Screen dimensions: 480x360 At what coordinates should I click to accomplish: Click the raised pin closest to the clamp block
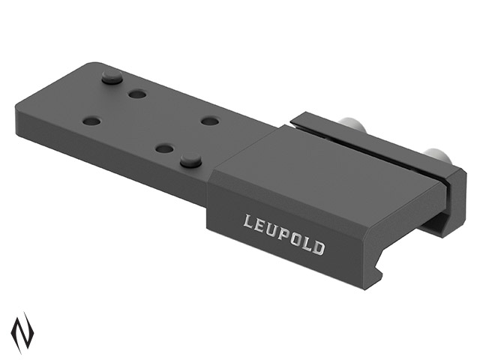point(190,160)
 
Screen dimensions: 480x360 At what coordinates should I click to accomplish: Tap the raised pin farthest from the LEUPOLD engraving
point(112,76)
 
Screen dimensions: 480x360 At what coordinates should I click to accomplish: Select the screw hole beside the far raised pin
point(137,94)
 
